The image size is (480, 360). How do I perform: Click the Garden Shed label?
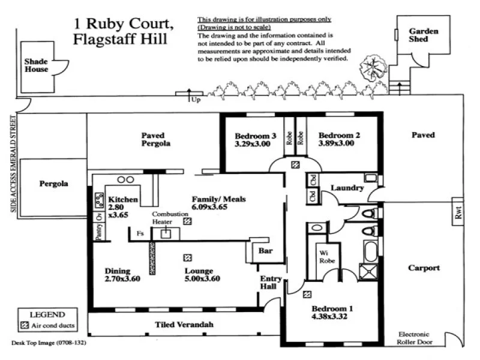pyautogui.click(x=424, y=35)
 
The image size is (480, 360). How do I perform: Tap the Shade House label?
pyautogui.click(x=35, y=65)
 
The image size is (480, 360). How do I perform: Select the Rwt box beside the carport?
pyautogui.click(x=458, y=216)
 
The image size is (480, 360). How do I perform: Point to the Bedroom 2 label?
pyautogui.click(x=339, y=135)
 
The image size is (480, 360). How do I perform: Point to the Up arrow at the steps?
pyautogui.click(x=190, y=94)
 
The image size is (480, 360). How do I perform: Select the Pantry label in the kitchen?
pyautogui.click(x=98, y=231)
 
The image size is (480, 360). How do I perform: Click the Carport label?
pyautogui.click(x=424, y=268)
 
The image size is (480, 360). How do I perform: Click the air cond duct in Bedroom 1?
pyautogui.click(x=307, y=294)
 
